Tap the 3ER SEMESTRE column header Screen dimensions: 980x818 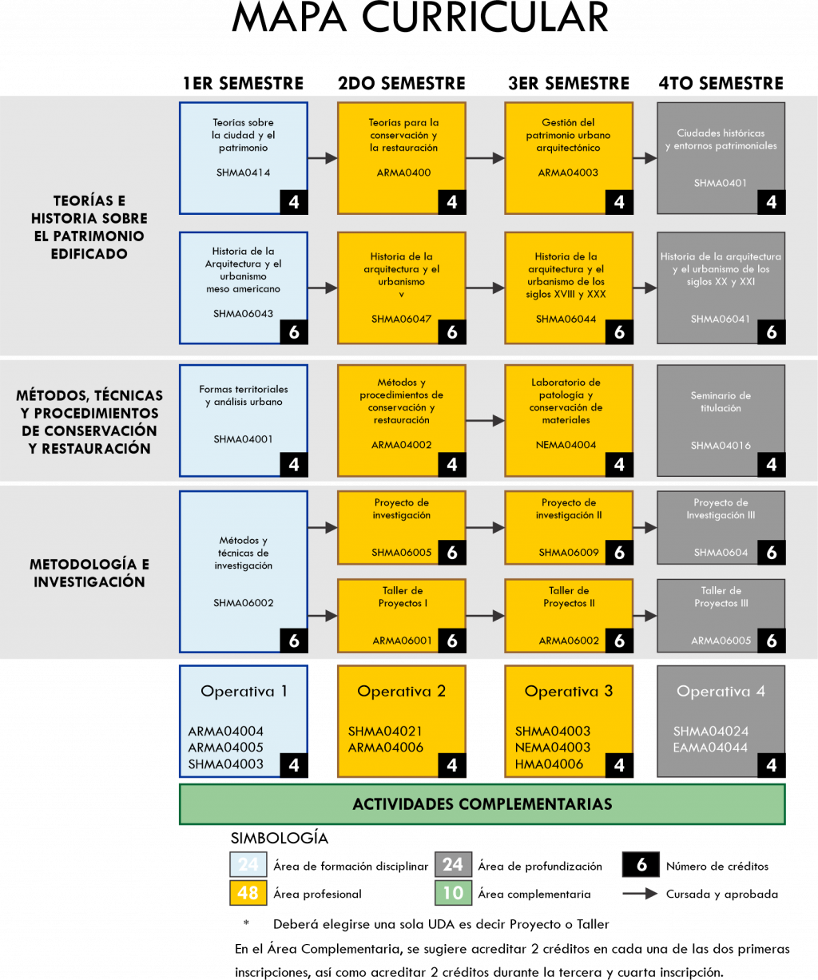point(568,83)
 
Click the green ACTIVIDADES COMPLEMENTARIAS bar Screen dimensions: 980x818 point(482,803)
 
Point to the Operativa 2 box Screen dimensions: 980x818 point(401,720)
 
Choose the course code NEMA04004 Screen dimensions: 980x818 point(566,445)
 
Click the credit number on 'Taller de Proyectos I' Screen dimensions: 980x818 point(452,640)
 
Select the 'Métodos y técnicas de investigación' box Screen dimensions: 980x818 point(244,571)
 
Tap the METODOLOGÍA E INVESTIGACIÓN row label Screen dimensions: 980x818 point(89,573)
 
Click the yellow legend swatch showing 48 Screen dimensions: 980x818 point(248,893)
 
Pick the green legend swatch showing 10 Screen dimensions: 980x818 point(453,893)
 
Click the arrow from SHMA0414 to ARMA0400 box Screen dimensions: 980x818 point(323,158)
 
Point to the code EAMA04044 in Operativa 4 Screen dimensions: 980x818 point(710,748)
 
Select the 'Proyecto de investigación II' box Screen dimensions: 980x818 point(569,527)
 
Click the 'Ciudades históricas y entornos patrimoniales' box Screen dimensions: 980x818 point(721,158)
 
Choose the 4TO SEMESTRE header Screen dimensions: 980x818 point(721,83)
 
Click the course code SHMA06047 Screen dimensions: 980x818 point(401,319)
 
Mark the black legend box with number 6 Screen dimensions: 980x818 point(641,865)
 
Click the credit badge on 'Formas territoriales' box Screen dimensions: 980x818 point(294,464)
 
